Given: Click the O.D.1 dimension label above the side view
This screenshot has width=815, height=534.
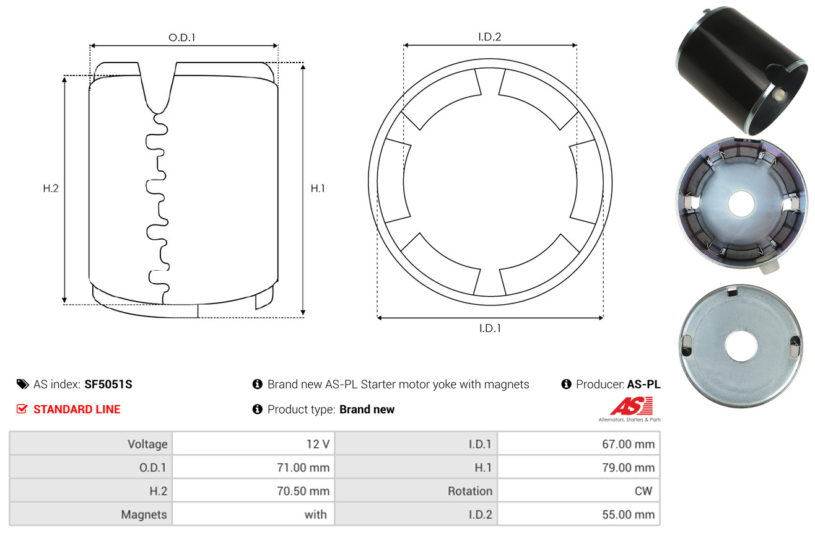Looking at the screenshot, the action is pos(182,38).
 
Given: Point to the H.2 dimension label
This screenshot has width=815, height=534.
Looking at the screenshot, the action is pos(51,188).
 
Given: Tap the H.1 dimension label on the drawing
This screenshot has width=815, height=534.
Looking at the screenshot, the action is pos(318,188).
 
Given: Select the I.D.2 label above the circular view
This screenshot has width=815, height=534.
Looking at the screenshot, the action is pos(489,37).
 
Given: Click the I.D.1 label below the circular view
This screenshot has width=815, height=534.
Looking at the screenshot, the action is pos(490,328).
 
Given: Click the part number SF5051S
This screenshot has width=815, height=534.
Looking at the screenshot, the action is pos(108,384).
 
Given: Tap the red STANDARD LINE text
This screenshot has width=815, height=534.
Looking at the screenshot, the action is pos(77,409).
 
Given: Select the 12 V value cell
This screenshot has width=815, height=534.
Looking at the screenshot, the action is pos(253,444).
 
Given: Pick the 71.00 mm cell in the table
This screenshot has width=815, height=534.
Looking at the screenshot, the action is pos(253,467).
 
